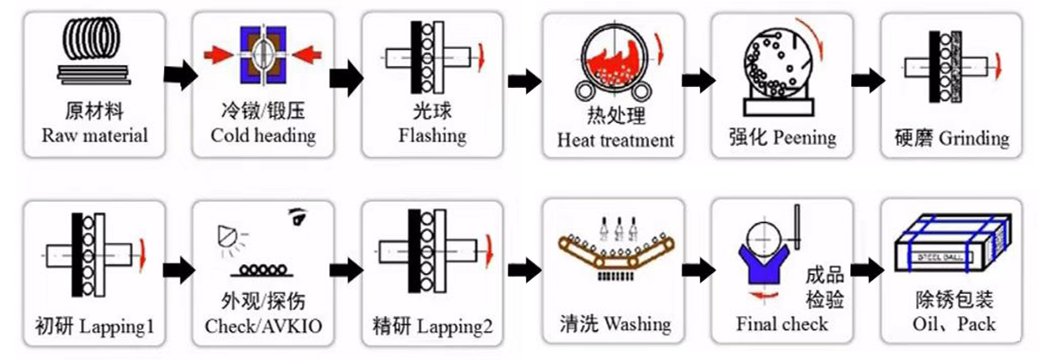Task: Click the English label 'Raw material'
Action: click(94, 136)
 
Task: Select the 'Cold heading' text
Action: click(263, 136)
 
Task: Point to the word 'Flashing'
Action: click(432, 136)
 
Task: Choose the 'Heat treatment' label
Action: click(616, 140)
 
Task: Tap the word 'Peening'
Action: click(805, 138)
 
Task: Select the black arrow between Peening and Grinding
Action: click(870, 80)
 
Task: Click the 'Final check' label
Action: click(782, 324)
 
